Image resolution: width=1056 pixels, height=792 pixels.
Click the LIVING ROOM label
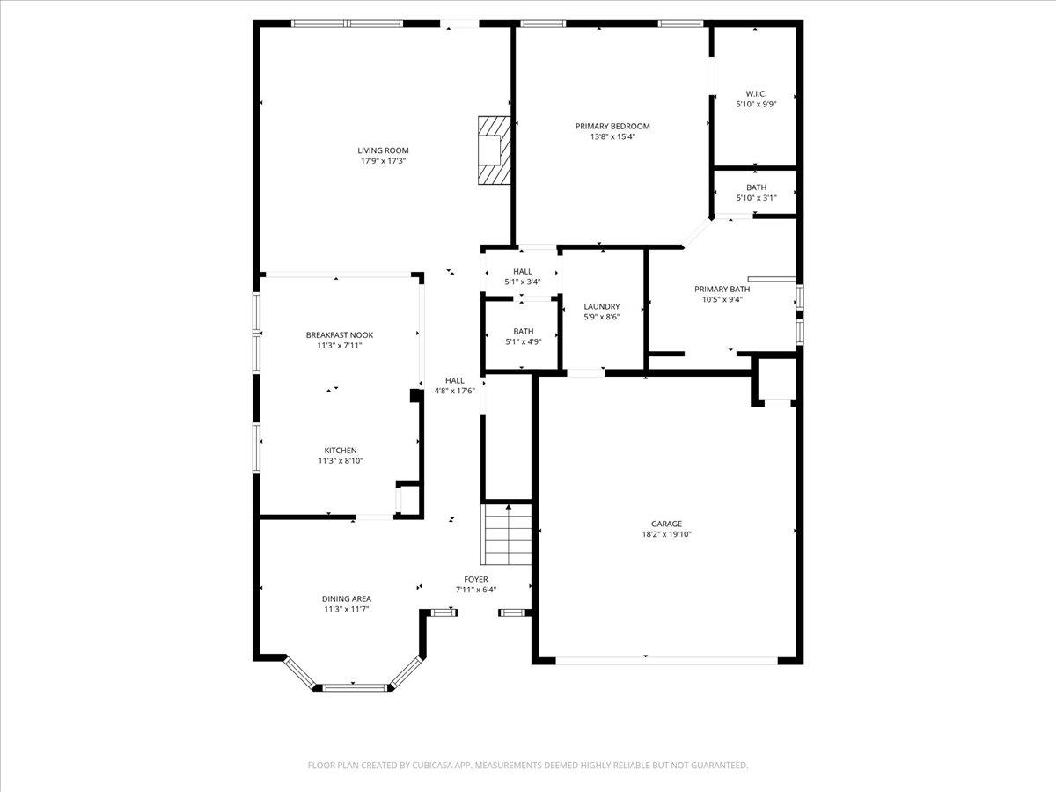pos(383,150)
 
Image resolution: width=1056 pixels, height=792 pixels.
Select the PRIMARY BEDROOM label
pos(612,126)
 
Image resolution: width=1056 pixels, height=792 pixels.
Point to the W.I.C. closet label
pos(756,93)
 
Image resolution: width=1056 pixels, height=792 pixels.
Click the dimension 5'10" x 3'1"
pos(756,198)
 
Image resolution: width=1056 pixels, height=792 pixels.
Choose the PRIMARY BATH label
pos(722,289)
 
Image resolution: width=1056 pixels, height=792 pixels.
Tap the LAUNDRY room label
pos(602,306)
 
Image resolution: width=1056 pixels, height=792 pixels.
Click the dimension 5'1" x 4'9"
pos(523,342)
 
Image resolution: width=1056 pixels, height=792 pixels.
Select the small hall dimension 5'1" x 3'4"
pos(523,282)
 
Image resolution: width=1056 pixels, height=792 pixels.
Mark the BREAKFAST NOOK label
pos(340,334)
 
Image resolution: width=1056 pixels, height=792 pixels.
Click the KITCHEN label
pos(340,451)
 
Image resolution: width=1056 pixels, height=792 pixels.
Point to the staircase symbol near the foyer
pos(507,534)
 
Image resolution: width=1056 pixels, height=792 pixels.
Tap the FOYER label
pos(476,579)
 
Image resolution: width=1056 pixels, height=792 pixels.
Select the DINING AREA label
pos(346,598)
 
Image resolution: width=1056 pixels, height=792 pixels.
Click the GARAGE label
pos(666,524)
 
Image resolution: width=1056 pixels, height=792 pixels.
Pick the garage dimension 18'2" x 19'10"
pos(666,534)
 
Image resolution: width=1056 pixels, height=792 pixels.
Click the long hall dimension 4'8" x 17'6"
pos(455,391)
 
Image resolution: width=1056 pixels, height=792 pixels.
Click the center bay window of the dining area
pos(352,686)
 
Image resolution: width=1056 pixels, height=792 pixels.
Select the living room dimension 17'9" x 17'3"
pos(383,161)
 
